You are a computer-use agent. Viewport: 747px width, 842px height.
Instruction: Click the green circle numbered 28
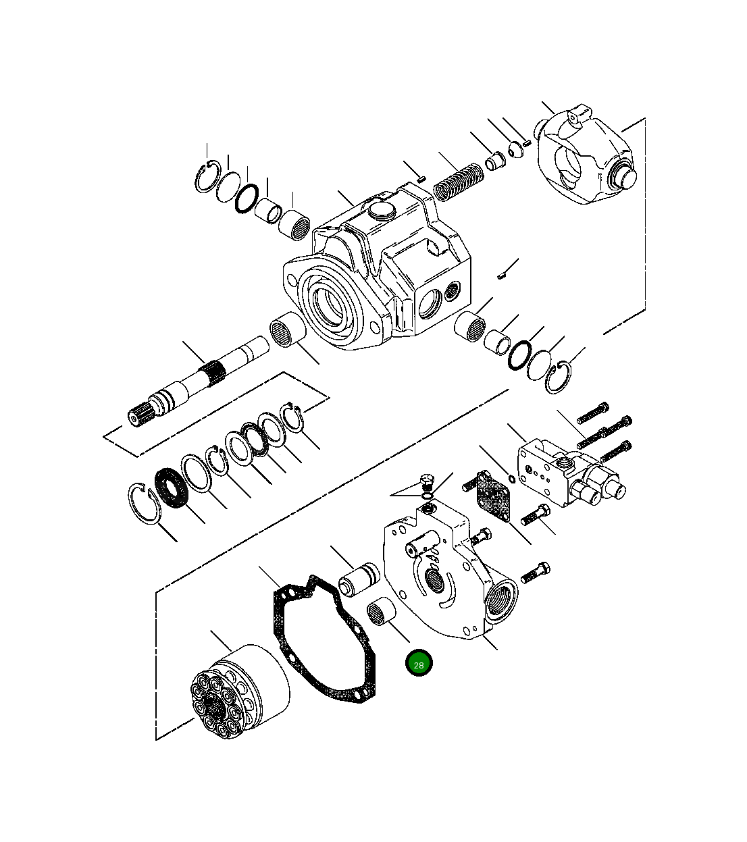click(x=419, y=664)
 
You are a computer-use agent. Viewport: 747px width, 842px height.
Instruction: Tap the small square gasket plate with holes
click(x=494, y=494)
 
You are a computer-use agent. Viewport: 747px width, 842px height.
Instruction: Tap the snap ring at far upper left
click(x=207, y=178)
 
